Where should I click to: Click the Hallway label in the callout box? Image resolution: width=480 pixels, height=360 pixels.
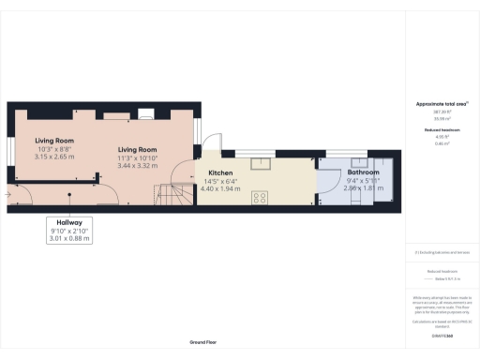click(69, 222)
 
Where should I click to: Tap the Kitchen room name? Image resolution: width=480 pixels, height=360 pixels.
click(220, 173)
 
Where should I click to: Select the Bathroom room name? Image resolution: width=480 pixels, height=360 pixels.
click(363, 173)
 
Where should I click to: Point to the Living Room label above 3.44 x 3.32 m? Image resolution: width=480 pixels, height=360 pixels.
click(137, 149)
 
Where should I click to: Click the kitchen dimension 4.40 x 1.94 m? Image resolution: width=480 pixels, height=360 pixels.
click(220, 189)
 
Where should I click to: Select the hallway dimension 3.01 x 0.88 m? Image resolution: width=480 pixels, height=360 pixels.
click(69, 239)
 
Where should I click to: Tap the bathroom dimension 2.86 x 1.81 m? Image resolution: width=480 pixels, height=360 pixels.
click(363, 188)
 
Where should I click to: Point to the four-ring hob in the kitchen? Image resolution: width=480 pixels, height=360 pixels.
click(260, 198)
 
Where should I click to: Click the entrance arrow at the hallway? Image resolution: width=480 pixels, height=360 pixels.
click(8, 195)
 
